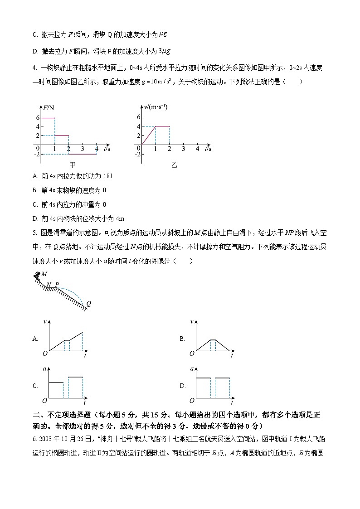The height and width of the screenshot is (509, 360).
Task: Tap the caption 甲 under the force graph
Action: click(72, 165)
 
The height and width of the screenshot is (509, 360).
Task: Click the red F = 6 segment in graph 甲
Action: click(48, 118)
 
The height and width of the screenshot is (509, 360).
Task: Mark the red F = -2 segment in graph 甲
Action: click(83, 154)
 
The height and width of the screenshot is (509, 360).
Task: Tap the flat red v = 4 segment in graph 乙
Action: click(162, 126)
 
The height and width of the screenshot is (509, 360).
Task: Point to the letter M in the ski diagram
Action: click(44, 274)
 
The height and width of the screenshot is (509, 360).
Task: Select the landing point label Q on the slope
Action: click(88, 304)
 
